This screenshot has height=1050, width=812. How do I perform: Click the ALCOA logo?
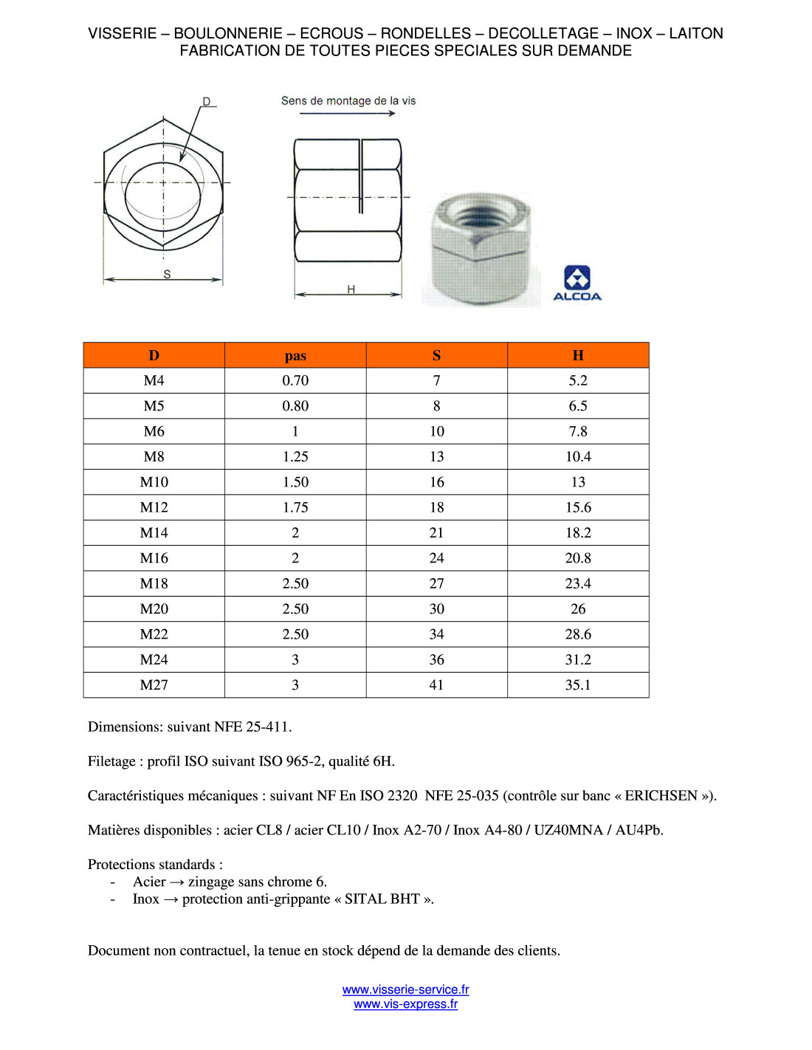tap(577, 284)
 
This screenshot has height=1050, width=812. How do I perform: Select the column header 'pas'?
tap(295, 356)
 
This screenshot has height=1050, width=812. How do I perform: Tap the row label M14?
tap(154, 533)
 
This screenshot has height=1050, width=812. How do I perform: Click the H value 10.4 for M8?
tap(578, 457)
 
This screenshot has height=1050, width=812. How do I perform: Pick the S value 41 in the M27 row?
tap(436, 685)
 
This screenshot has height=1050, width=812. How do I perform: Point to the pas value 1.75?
tap(295, 508)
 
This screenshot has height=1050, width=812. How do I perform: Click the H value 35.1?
tap(578, 685)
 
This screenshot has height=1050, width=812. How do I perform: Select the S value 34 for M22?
tap(436, 634)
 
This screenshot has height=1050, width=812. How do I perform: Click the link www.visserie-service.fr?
tap(405, 989)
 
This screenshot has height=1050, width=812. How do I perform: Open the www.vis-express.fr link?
tap(405, 1004)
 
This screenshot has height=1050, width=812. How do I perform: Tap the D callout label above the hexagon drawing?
tap(207, 102)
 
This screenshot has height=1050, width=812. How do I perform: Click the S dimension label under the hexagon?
tap(167, 274)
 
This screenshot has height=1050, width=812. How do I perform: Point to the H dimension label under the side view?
tap(351, 289)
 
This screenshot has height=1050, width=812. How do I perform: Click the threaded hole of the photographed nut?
tap(479, 216)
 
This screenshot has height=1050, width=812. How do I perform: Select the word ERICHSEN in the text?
tap(661, 796)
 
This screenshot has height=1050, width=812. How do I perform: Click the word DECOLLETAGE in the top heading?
tap(543, 33)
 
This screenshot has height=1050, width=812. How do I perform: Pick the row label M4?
tap(154, 381)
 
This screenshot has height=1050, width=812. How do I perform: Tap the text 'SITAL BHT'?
tap(382, 899)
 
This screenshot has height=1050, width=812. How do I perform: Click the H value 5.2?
tap(578, 381)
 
